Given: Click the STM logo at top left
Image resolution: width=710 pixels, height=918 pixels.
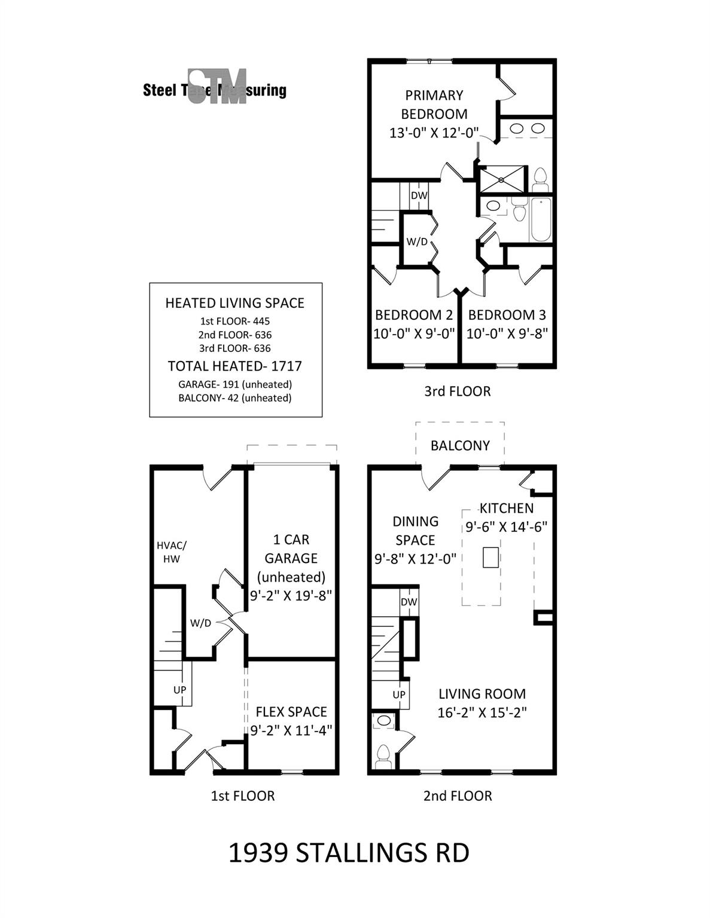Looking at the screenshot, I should point(217,87).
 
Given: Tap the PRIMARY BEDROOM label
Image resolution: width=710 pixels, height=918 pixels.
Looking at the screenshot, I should point(434,104).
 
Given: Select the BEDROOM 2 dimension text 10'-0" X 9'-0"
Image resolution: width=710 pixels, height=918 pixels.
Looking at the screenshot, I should point(414,333).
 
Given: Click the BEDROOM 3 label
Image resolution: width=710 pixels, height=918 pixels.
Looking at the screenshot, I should point(507,315).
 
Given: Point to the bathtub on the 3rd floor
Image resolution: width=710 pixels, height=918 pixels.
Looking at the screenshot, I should point(540,219).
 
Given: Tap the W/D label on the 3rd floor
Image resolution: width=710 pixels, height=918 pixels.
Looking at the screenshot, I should point(417,242).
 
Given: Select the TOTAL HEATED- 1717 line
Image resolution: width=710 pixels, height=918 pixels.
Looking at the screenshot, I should point(234,366).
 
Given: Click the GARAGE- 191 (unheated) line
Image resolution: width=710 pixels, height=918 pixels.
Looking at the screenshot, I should point(234,384).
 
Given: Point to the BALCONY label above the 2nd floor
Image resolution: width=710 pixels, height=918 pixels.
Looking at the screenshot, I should point(460,445).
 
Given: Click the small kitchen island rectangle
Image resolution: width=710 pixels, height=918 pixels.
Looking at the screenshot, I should point(490,557).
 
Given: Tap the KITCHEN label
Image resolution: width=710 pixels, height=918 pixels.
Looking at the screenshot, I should point(506,508).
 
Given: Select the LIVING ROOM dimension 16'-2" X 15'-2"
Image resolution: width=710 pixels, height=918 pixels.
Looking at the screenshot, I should point(482,712).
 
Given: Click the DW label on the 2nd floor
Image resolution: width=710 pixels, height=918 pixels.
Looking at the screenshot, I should point(409,602).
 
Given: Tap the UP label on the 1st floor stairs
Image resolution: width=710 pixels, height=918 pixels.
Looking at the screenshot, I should point(179,689).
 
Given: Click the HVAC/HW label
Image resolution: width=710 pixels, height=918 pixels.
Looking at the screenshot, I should point(171,552).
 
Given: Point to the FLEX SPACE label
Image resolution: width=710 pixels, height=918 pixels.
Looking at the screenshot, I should point(291,712).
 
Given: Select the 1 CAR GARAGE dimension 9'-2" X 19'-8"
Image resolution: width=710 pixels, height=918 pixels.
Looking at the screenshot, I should point(291,595).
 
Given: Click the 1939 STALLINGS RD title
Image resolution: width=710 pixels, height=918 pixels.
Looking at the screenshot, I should point(349,853).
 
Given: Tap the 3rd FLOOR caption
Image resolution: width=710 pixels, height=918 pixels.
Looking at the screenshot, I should point(457,391).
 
